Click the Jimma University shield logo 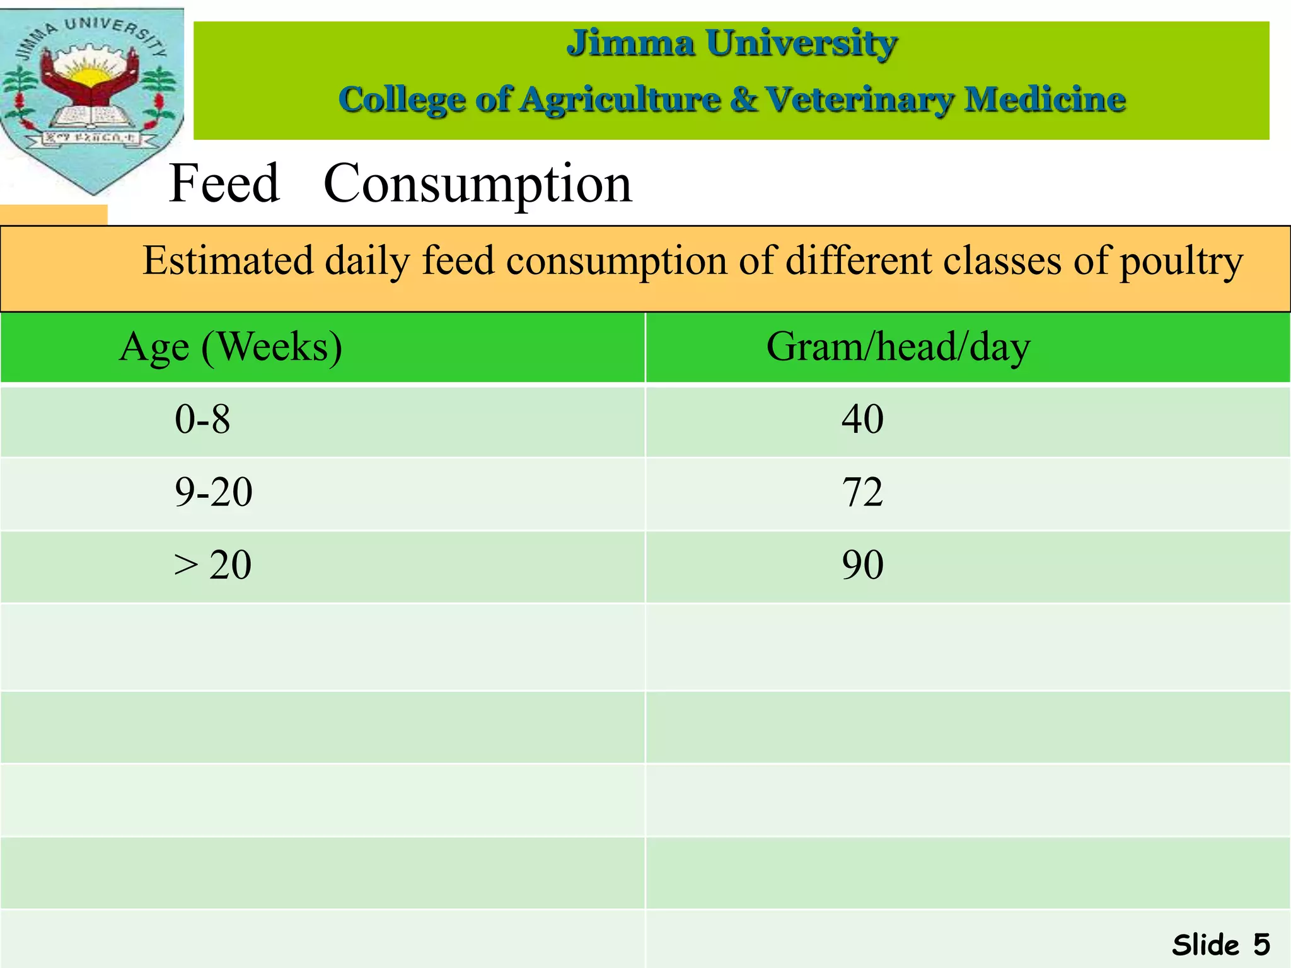pos(92,98)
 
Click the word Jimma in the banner pos(631,43)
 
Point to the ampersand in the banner pos(744,100)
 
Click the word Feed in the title pos(224,183)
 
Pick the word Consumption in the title pos(477,183)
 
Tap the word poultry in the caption pos(1181,262)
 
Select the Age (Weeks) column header pos(231,347)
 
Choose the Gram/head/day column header pos(898,347)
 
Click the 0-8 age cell pos(202,419)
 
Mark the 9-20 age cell pos(214,492)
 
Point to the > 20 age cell pos(213,565)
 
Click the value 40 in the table pos(862,419)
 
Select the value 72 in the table pos(862,492)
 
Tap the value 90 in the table pos(862,565)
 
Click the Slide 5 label pos(1220,945)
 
